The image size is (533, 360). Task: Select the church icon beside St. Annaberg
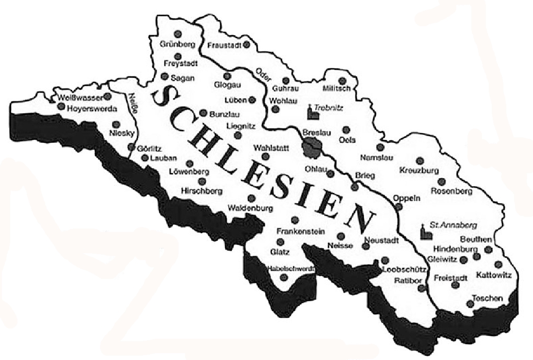(x=425, y=232)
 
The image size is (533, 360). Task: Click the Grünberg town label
(x=177, y=45)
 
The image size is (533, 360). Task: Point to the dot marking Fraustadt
(x=247, y=45)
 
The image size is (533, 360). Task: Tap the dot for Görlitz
(x=131, y=147)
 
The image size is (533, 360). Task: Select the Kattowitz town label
(x=494, y=275)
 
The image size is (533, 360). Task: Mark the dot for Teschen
(x=470, y=304)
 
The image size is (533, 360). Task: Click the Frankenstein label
(x=300, y=231)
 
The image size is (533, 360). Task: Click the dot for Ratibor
(x=421, y=288)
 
